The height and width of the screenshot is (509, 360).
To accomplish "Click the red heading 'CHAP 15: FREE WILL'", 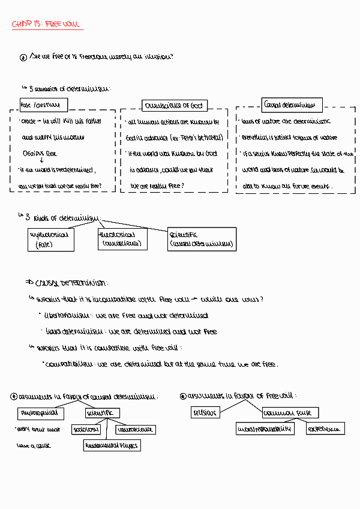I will click(46, 25).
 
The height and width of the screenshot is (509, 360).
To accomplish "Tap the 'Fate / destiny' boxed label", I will click(43, 106).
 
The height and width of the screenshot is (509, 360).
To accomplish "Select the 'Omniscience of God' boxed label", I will click(174, 106).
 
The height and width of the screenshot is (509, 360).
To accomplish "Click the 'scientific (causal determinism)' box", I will click(202, 239).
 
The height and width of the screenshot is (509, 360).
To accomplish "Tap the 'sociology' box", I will click(86, 429).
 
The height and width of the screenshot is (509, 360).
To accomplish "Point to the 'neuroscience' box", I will click(135, 429).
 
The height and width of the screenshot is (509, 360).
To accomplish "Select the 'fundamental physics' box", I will click(112, 445).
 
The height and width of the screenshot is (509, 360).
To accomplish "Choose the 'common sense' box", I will click(290, 412).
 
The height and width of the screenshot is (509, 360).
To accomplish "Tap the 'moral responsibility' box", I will click(264, 429).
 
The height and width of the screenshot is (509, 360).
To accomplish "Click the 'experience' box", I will click(325, 429).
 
